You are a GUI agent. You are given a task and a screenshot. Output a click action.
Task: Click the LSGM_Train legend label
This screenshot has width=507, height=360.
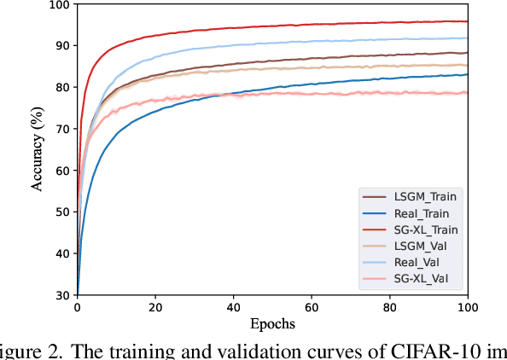[423, 196]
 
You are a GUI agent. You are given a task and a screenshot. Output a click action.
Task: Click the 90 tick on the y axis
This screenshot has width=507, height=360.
[61, 45]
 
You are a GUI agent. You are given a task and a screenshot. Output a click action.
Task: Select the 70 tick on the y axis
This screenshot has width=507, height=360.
[61, 128]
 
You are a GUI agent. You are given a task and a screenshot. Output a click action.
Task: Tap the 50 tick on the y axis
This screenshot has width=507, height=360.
[61, 212]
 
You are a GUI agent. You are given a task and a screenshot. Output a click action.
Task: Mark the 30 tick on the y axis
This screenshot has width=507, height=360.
[61, 294]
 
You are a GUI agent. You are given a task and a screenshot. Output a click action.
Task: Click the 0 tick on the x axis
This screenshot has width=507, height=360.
[77, 307]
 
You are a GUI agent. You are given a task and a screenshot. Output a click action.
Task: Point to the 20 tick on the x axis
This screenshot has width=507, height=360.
[154, 307]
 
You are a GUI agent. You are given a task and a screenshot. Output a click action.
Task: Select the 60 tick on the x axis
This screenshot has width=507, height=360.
[311, 307]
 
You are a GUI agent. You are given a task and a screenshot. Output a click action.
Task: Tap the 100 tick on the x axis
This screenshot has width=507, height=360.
[467, 307]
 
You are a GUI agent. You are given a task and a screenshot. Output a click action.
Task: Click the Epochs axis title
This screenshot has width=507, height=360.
[271, 324]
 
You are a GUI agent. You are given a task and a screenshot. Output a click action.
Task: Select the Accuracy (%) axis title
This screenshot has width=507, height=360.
[37, 149]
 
